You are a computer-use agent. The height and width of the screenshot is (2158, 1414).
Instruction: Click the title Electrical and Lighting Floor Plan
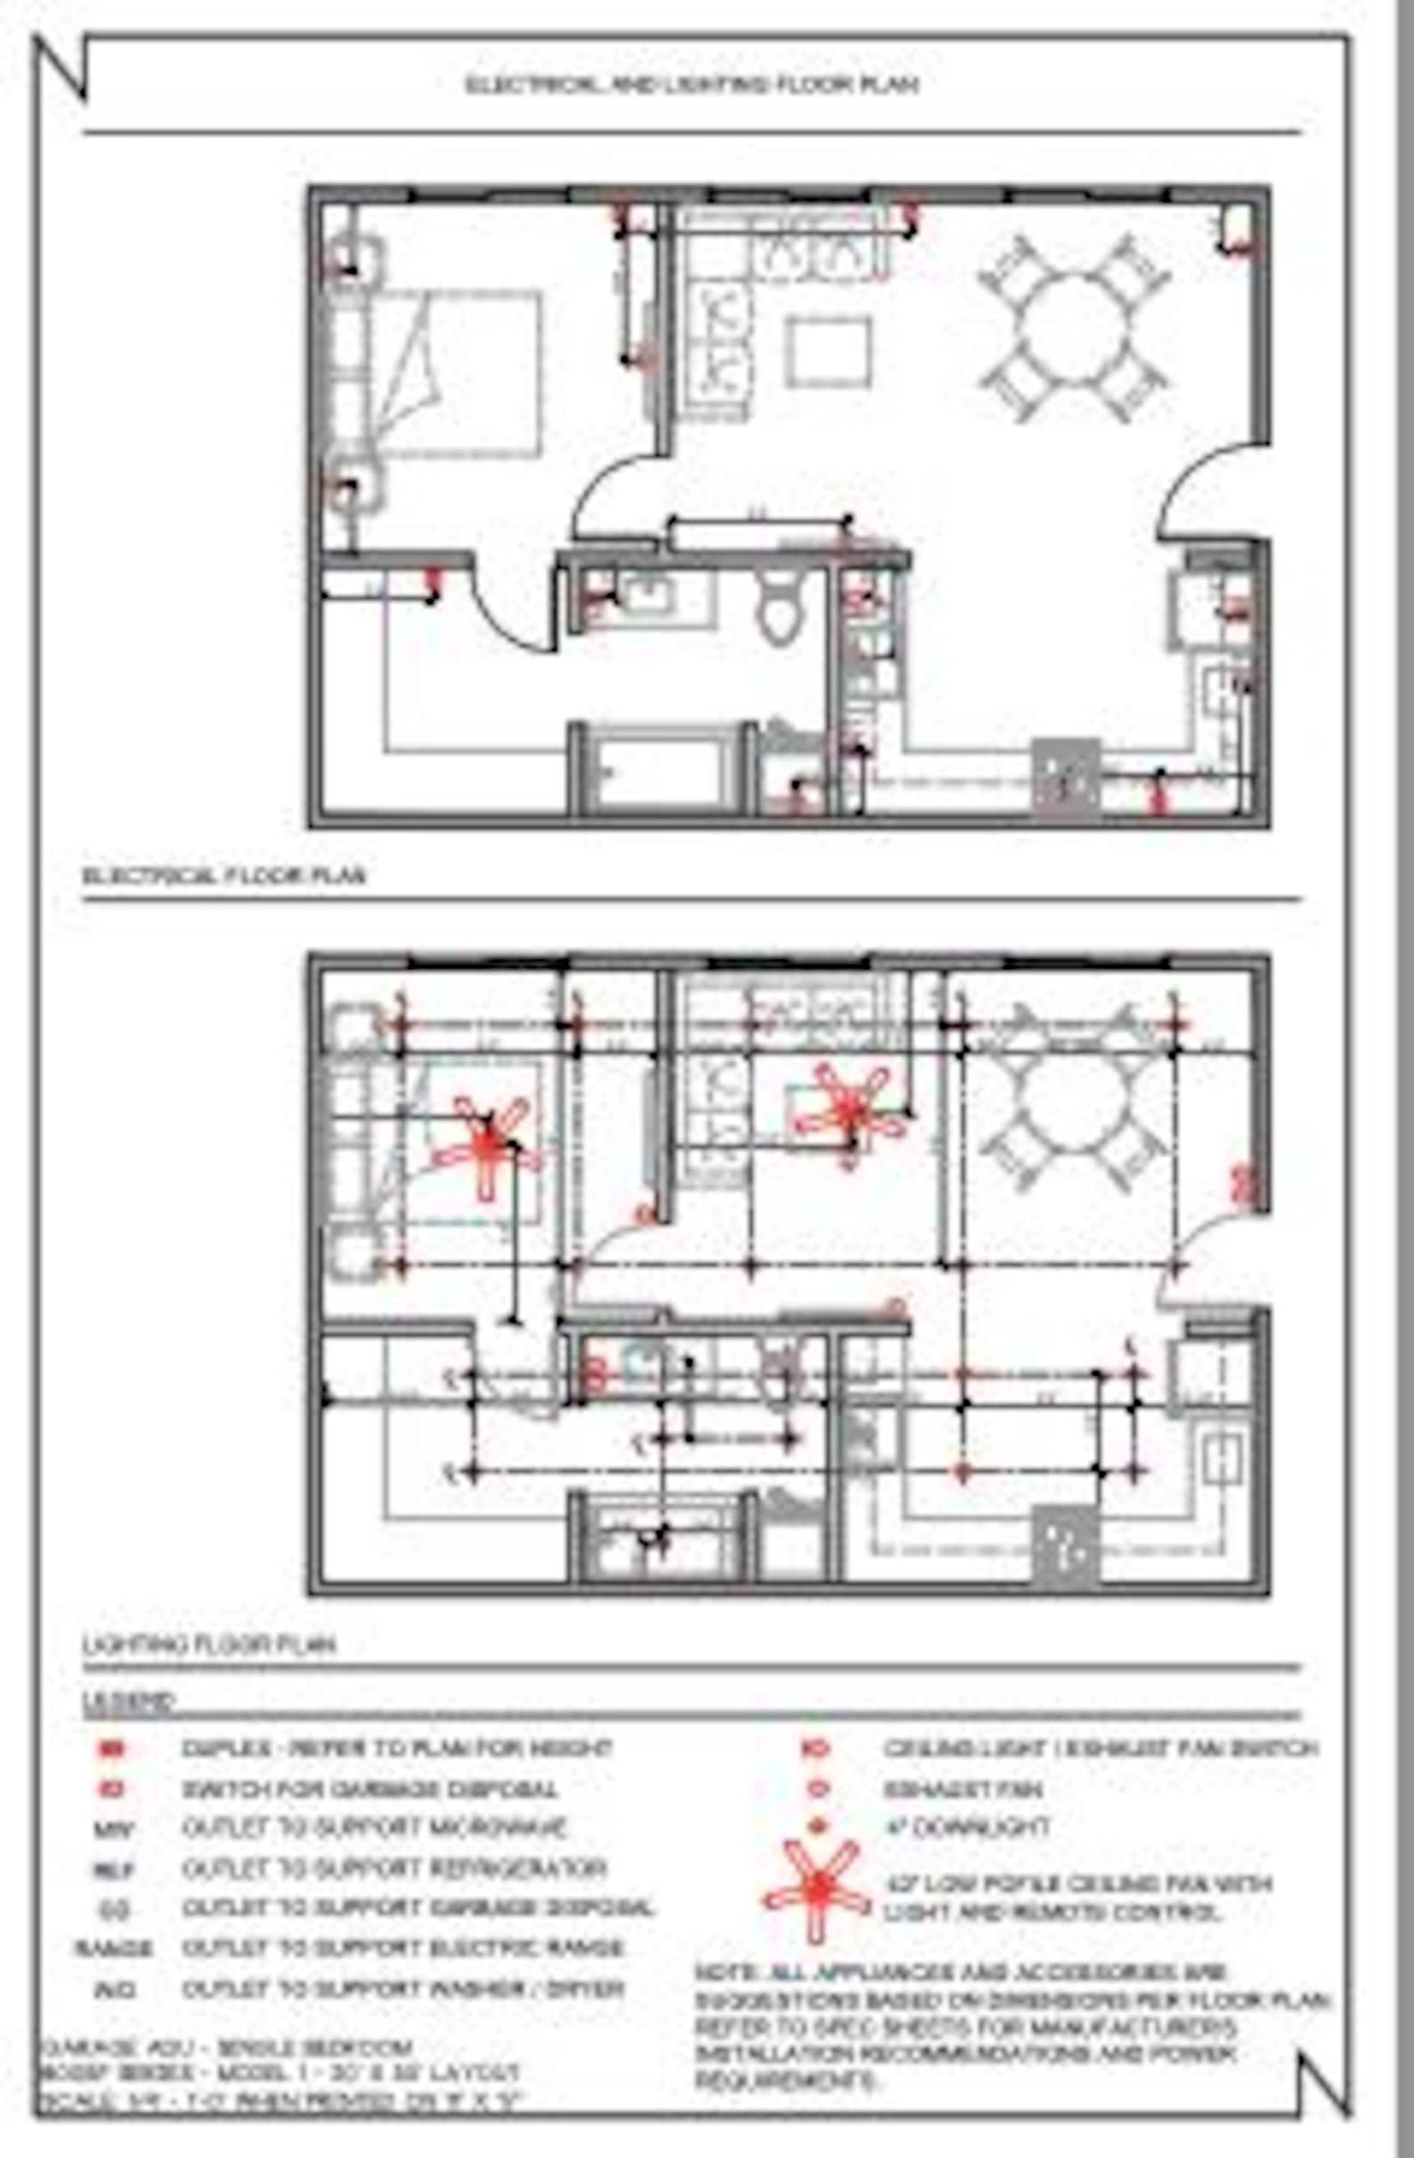click(x=693, y=85)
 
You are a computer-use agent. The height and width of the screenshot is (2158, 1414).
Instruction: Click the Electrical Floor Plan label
click(x=223, y=876)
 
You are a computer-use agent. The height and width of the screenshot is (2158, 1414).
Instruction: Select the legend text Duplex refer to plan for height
click(x=397, y=1749)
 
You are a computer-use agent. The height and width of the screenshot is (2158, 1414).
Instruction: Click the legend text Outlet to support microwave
click(x=374, y=1828)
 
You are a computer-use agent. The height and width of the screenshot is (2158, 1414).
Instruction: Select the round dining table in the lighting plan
click(x=1074, y=1101)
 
